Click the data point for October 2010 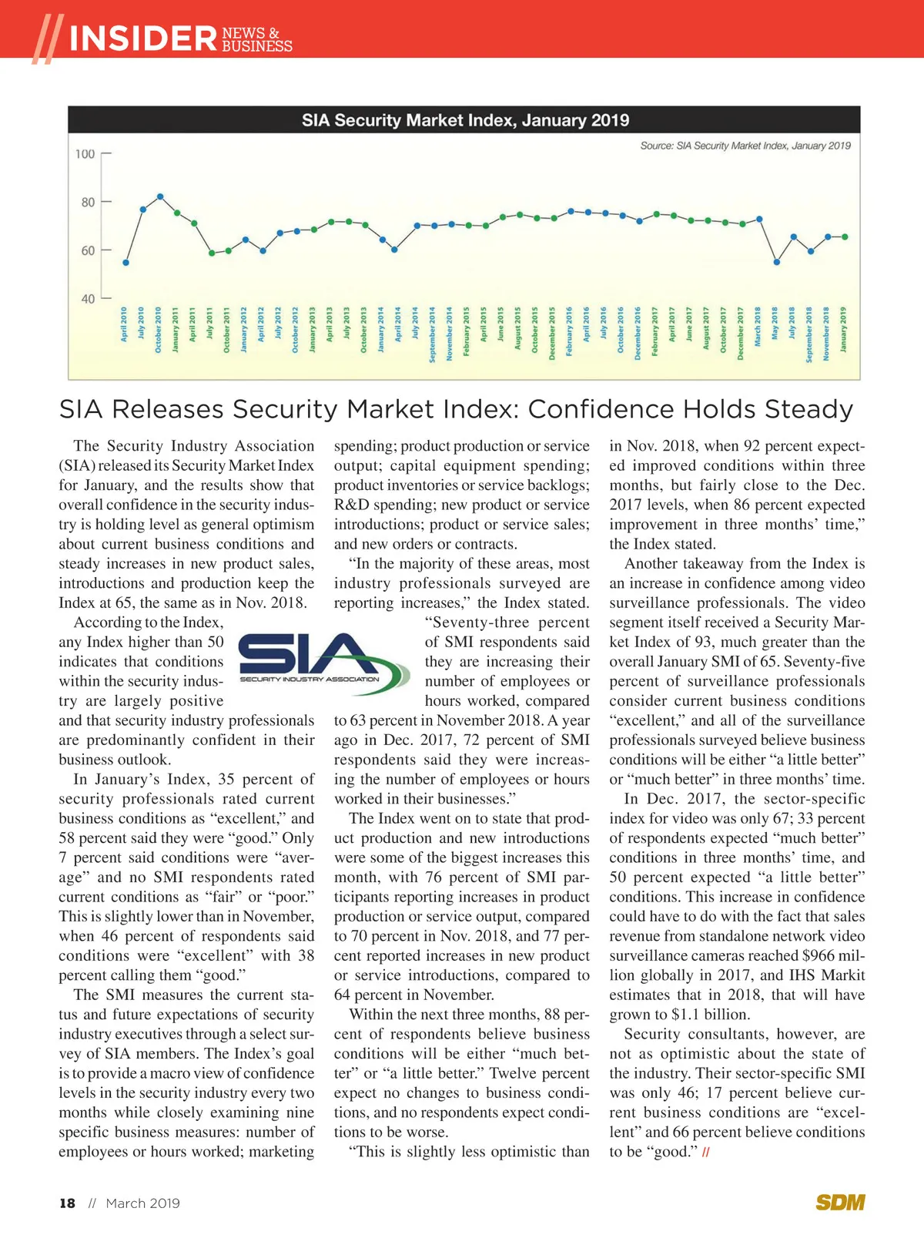(x=160, y=196)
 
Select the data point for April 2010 (x=126, y=263)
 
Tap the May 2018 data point (x=777, y=262)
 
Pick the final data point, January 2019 (x=845, y=237)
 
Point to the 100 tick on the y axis (x=85, y=154)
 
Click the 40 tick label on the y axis (x=88, y=299)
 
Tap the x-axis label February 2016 (x=570, y=332)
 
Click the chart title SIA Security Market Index (x=465, y=120)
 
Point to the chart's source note (x=745, y=146)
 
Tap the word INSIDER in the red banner (x=143, y=39)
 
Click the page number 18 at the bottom (x=68, y=1203)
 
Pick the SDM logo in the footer (x=840, y=1203)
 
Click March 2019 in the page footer (x=142, y=1203)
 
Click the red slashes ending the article (x=706, y=1153)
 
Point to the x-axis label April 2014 (x=398, y=324)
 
